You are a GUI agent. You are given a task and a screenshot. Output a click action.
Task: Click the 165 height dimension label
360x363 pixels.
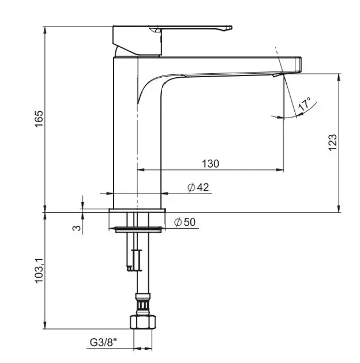tap(39, 119)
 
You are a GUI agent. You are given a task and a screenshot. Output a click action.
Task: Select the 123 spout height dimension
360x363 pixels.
tap(332, 142)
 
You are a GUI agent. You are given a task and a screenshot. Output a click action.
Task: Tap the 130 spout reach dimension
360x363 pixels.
tap(211, 164)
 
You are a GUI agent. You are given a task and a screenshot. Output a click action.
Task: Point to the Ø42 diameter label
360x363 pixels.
tap(198, 187)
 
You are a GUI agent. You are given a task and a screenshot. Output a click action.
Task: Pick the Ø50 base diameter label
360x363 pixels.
tap(185, 222)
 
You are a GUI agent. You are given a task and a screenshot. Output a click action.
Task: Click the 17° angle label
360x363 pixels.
tap(305, 104)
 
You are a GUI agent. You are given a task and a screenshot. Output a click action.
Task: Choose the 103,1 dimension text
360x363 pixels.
tap(39, 270)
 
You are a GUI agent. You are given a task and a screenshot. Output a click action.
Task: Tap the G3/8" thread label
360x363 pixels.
tap(103, 342)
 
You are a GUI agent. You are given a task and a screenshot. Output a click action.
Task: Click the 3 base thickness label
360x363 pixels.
tap(77, 228)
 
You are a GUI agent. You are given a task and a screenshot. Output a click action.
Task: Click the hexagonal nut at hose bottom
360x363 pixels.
tap(142, 322)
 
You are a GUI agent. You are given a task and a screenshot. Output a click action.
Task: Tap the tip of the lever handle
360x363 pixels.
tap(231, 28)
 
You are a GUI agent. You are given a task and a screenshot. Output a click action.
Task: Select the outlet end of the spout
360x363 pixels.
tap(299, 65)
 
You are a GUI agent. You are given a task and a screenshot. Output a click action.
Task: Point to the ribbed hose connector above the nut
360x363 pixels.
tap(143, 304)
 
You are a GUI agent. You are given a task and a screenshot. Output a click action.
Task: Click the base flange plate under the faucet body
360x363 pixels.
tap(137, 210)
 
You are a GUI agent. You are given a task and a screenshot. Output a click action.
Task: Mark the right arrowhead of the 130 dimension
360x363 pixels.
tap(280, 170)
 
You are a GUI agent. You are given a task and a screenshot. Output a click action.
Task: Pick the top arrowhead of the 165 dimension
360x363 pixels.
tap(45, 31)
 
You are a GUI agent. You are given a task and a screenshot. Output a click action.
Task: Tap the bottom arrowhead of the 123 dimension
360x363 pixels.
tap(339, 209)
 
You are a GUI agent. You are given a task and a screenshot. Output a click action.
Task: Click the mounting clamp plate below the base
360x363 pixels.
tap(138, 229)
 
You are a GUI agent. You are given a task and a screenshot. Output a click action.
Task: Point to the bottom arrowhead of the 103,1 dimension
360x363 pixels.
tap(45, 325)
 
